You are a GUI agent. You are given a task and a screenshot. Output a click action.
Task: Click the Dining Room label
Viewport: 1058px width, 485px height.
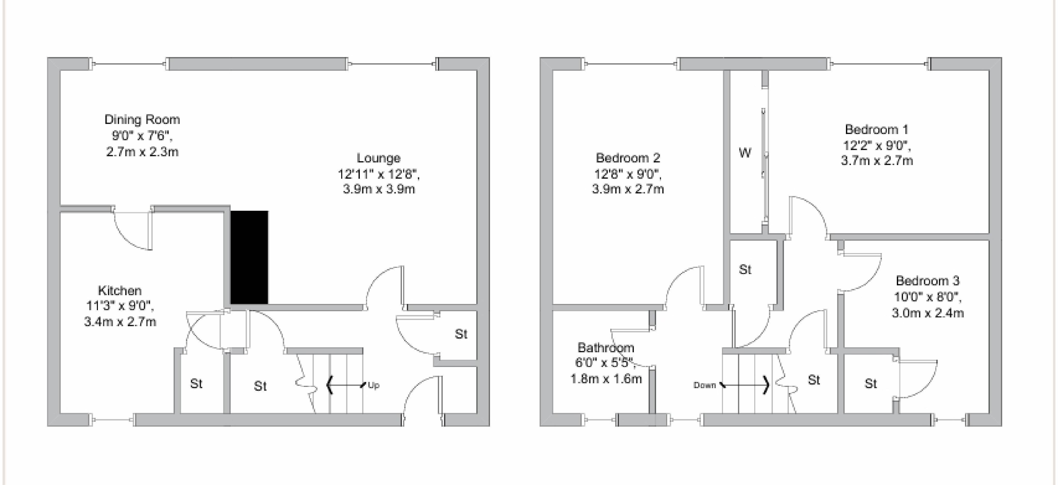[142, 120]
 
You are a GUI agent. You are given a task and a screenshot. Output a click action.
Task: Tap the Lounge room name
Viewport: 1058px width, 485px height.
[378, 158]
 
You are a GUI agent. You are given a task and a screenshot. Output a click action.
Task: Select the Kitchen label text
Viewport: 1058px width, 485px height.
[120, 291]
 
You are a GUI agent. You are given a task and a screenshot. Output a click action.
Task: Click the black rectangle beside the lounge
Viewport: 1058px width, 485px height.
[249, 257]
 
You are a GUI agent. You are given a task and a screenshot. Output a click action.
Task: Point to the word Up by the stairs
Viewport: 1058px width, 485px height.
[373, 385]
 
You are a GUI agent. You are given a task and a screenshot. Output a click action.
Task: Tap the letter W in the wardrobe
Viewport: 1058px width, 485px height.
[745, 153]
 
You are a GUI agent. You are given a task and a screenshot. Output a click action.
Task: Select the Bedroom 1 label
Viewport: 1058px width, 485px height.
[876, 130]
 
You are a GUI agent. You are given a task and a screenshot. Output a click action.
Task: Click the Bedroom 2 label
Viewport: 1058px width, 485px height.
[628, 158]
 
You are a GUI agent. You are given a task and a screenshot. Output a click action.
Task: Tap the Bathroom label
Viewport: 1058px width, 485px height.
[606, 348]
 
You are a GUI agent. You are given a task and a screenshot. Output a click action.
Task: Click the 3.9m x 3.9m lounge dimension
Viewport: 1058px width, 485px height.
[379, 189]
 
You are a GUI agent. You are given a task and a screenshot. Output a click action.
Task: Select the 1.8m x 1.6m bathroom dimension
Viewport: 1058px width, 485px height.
[606, 379]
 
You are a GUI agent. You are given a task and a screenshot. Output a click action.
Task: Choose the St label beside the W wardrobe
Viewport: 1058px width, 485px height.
[745, 270]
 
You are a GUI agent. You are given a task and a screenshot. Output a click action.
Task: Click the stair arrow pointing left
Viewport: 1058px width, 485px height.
[345, 385]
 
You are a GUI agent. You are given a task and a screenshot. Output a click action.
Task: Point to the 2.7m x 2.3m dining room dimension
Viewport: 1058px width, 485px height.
[142, 152]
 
